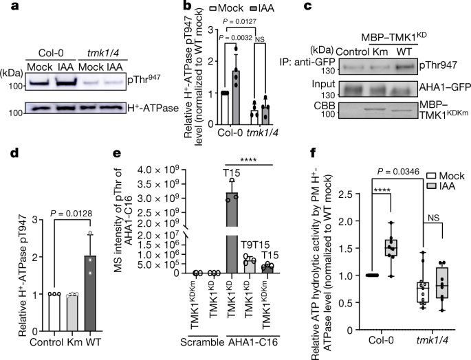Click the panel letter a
point(7,8)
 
